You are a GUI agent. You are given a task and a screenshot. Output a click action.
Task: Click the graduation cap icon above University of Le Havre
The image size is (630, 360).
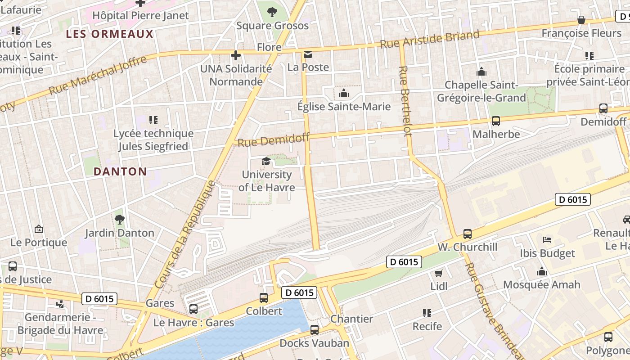coord(266,161)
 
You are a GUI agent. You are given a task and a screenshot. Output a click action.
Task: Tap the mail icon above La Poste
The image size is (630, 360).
coord(308,54)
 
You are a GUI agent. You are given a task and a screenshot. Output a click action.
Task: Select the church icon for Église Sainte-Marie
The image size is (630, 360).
coord(344,93)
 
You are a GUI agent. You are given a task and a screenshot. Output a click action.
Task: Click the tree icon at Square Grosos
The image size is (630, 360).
coord(272,12)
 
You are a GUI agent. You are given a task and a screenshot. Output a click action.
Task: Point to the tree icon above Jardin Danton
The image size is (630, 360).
coord(119,220)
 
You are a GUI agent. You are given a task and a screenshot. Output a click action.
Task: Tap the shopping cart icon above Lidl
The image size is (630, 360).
coord(439,273)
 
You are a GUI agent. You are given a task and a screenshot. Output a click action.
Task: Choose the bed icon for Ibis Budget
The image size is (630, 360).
coord(547,240)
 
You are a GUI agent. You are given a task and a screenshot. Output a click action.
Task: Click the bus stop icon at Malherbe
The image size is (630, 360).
coord(496,121)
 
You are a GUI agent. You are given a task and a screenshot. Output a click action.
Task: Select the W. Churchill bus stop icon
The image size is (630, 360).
coord(468,234)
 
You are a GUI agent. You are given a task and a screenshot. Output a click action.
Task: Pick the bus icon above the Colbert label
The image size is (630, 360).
coord(264,297)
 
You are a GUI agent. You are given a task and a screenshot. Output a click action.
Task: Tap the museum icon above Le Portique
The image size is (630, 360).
coord(39,229)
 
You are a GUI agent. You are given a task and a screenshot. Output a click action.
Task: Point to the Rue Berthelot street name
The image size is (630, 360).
coord(405,101)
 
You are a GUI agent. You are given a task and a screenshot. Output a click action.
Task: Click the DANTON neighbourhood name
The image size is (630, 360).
coord(120,171)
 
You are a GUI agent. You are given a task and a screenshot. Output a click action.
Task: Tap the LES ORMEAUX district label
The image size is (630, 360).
coord(110,34)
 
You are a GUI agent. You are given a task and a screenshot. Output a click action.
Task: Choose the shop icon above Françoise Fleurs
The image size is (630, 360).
coord(581,20)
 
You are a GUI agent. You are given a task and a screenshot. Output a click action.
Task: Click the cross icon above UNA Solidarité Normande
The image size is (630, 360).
coord(235,55)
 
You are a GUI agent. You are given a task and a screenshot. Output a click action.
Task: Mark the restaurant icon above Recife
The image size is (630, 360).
coord(427,313)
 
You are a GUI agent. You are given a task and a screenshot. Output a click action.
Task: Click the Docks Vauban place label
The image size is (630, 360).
coord(314,343)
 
